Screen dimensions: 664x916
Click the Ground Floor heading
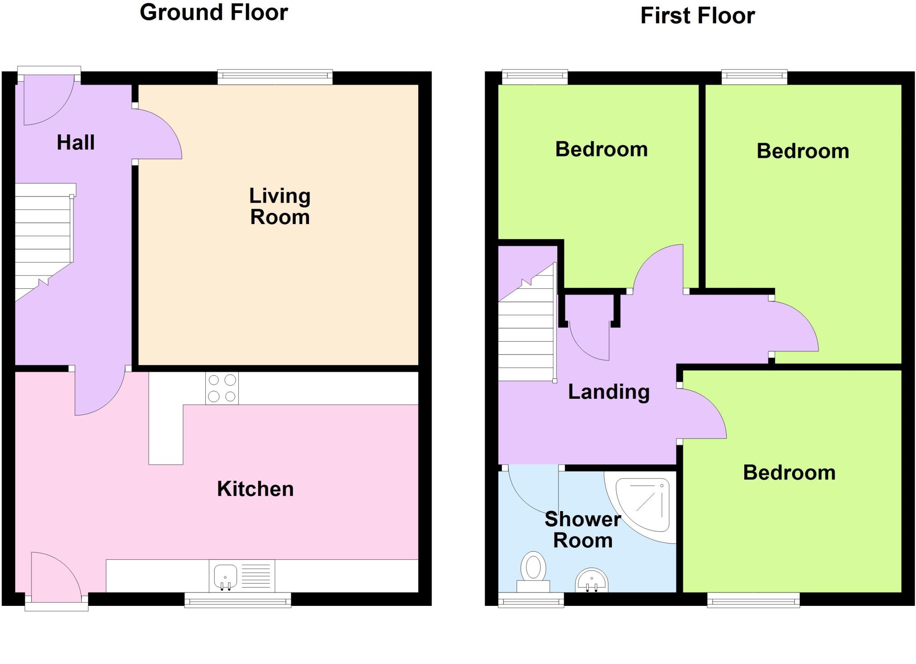click(213, 13)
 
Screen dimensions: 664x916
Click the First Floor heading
click(697, 16)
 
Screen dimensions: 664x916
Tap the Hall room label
click(76, 143)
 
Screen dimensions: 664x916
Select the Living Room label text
click(280, 207)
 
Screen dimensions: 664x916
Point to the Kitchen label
click(255, 489)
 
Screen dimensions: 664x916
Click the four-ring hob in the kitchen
click(222, 388)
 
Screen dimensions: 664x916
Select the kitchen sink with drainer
click(242, 576)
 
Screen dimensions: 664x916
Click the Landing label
click(608, 392)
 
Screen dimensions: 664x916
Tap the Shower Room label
click(583, 530)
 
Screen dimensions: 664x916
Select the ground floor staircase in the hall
click(43, 241)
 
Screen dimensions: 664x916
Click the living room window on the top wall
click(275, 77)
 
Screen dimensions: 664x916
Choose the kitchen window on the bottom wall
click(238, 600)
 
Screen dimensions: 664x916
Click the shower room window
click(531, 600)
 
